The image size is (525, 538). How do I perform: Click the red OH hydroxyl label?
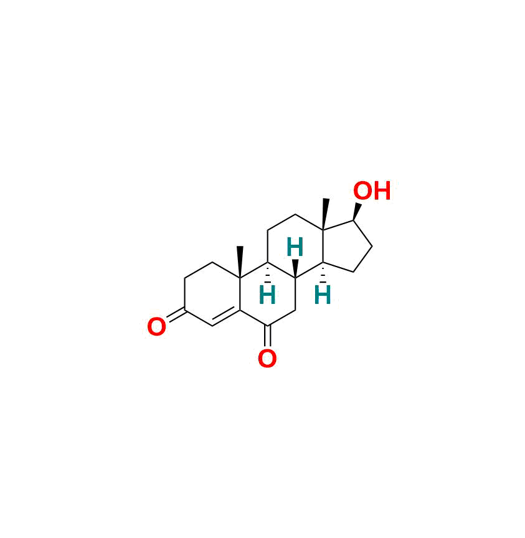coord(372,191)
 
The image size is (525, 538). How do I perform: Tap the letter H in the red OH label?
coord(382,191)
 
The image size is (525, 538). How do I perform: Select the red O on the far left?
coord(156,326)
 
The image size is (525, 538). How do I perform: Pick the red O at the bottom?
coord(267,359)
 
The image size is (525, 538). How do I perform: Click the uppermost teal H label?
coord(295,247)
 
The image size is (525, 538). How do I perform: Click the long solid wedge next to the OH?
coord(325,214)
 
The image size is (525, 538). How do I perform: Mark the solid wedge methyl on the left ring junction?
coord(240,262)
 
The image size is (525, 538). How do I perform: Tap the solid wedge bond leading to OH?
coord(357,212)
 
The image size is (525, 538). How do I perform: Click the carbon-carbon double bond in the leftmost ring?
coord(226,318)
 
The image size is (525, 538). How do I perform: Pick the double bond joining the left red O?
coord(176,315)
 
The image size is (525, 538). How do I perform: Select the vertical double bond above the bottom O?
coord(268,336)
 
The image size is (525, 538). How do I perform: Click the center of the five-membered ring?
coord(346,247)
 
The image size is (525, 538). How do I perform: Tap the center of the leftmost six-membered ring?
coord(212,294)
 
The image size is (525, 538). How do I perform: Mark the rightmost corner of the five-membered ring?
coord(372,246)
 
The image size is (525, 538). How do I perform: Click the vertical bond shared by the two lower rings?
coord(240,295)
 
